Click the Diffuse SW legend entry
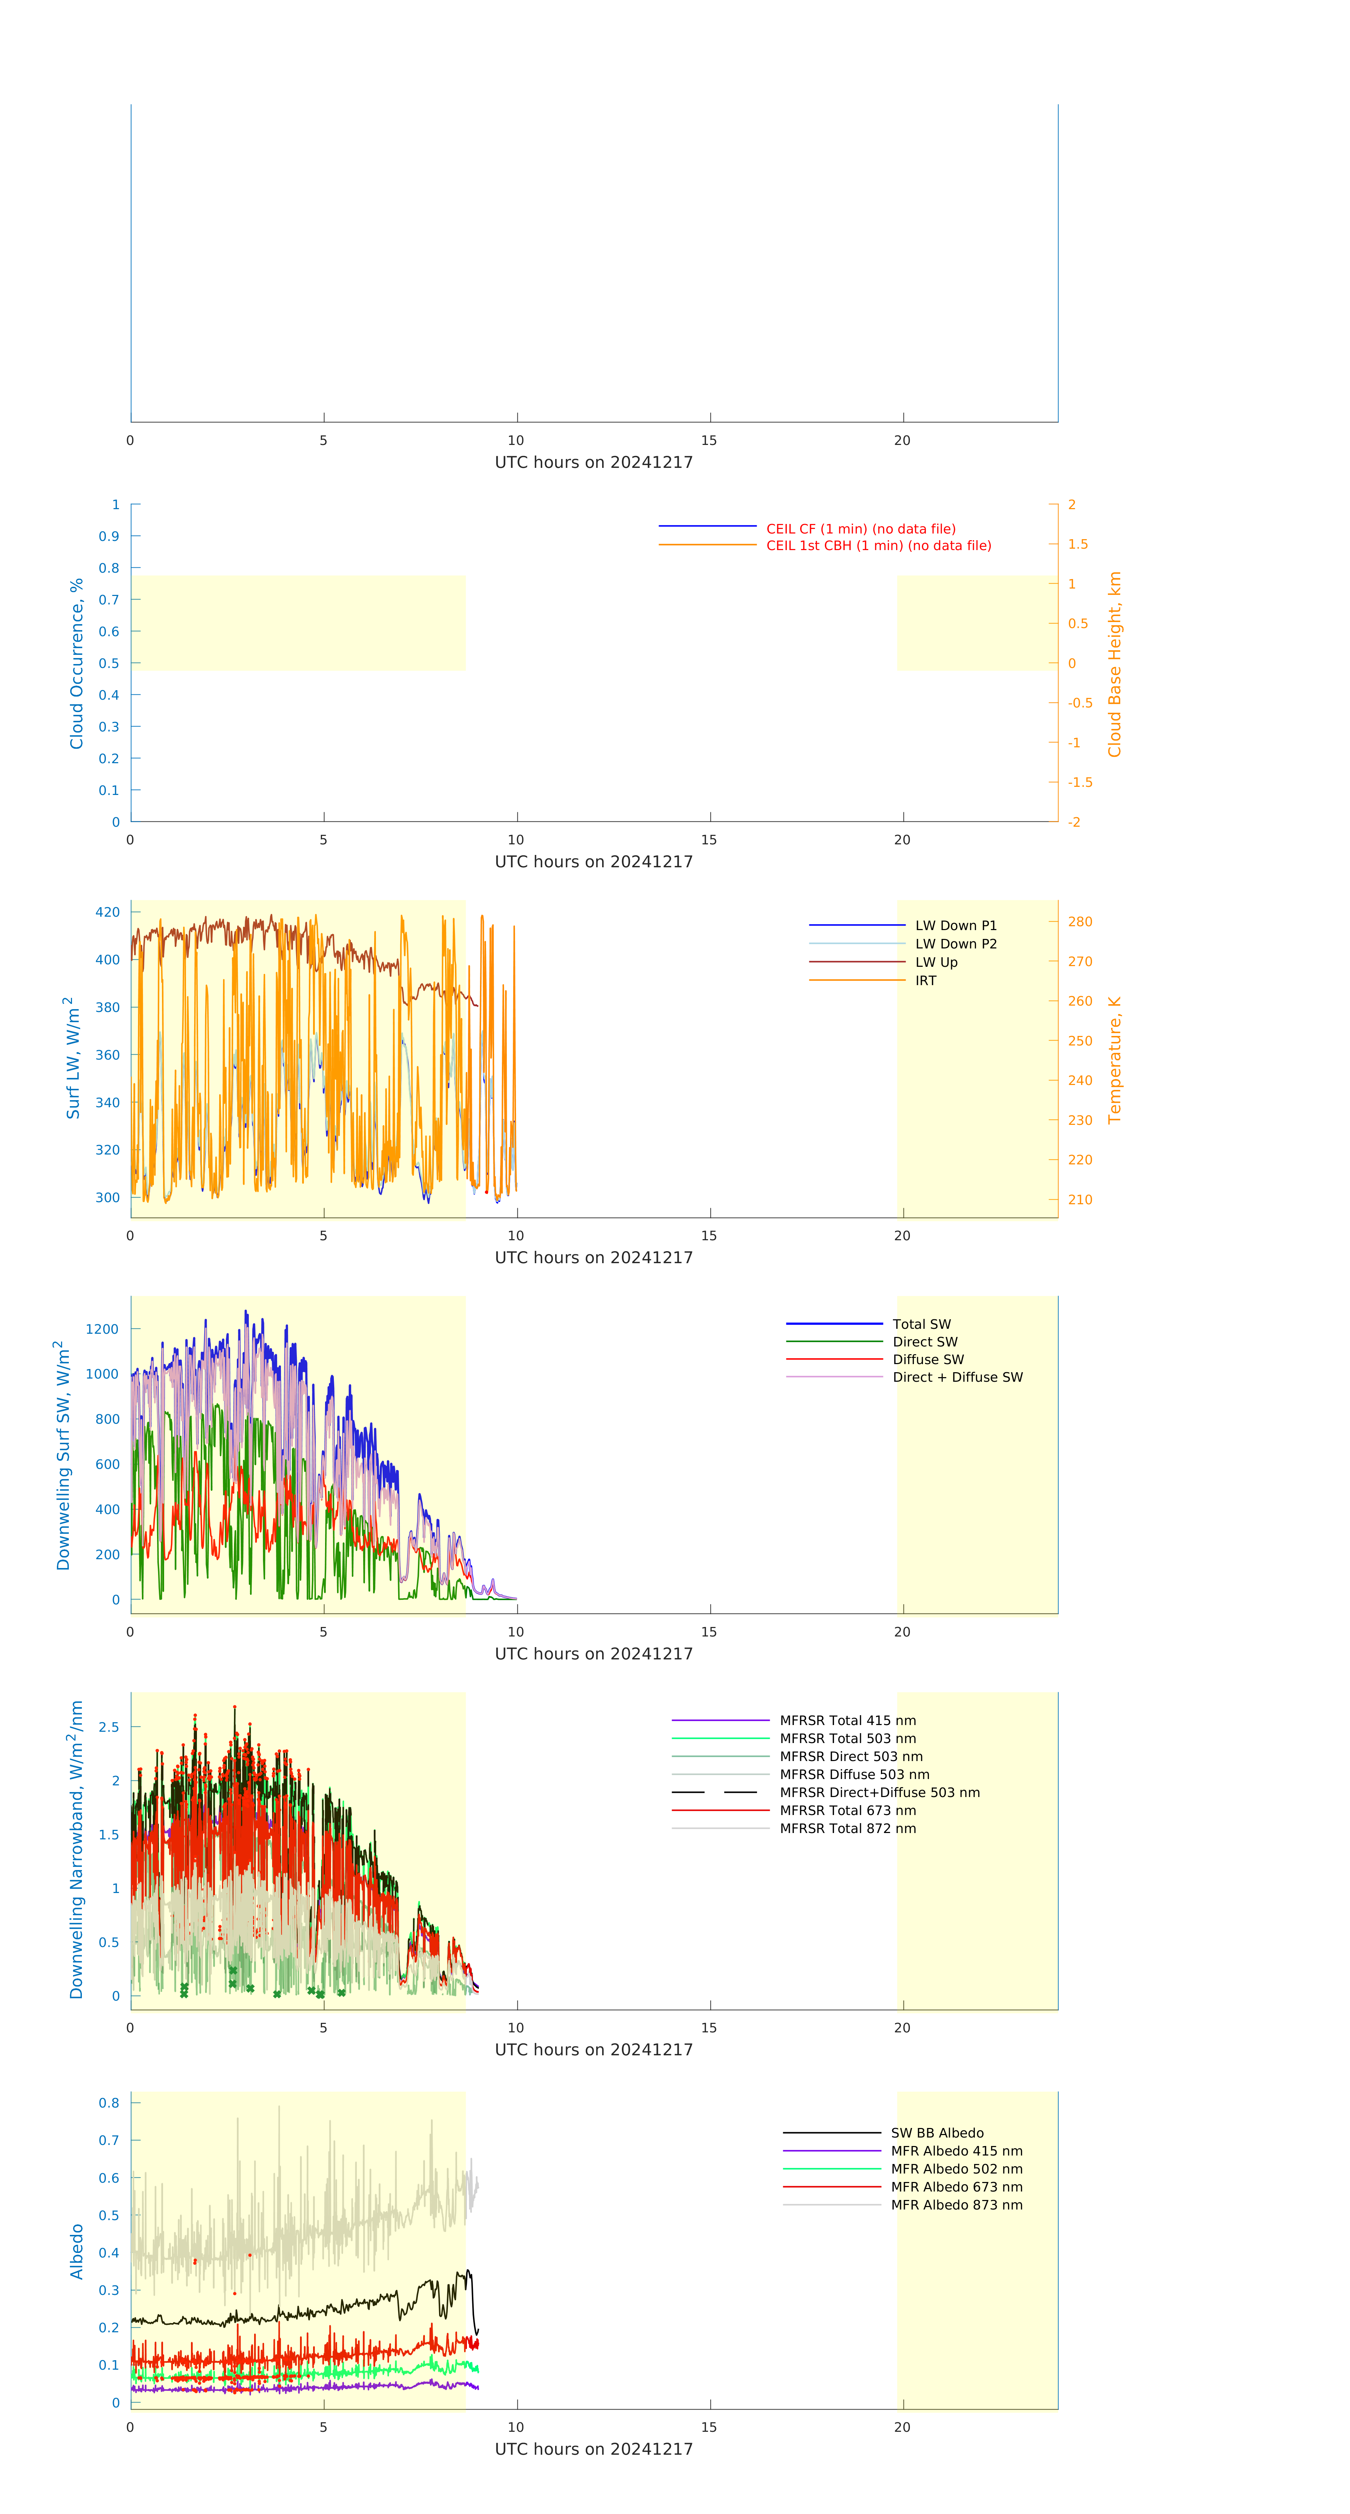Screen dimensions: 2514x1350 [927, 1360]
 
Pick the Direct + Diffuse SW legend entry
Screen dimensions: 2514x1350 [956, 1377]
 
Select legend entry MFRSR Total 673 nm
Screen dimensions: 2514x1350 [847, 1810]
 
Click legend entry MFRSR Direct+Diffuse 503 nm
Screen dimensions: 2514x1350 [878, 1793]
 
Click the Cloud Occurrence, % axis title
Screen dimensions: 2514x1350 [76, 664]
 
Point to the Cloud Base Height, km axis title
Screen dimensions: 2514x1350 [1114, 664]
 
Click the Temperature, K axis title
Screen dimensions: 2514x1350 [1114, 1060]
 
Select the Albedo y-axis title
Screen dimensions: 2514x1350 [76, 2251]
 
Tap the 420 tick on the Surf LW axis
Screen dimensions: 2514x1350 [107, 912]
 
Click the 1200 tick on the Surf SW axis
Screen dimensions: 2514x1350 [102, 1329]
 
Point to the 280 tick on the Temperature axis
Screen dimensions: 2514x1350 [1080, 922]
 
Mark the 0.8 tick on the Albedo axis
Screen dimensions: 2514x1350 [109, 2103]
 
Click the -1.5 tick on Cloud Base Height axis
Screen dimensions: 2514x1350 [1080, 783]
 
